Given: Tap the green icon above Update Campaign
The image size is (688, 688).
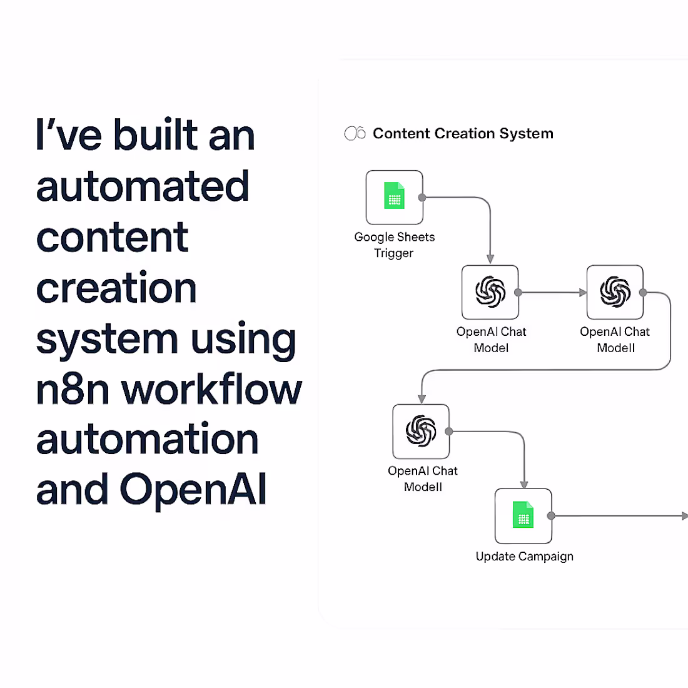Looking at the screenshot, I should pos(524,515).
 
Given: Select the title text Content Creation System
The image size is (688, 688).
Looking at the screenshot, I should pos(463,133).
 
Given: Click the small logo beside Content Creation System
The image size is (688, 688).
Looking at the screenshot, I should pos(355,133).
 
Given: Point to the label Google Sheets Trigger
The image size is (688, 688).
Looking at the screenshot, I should pos(394,245).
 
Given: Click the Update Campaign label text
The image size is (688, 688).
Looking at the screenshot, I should pos(524,556).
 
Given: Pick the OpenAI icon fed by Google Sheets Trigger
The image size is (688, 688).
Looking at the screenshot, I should pos(490,292).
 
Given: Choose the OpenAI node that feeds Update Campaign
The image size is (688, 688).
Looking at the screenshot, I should pos(421,431).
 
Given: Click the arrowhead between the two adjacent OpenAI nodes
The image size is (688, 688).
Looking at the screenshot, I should pos(583,292).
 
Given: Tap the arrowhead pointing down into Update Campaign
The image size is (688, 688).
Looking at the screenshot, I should pos(524,484).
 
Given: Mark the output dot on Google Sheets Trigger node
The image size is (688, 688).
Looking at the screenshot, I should pos(422,198).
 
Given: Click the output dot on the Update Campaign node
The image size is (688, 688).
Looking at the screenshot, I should pos(551,516).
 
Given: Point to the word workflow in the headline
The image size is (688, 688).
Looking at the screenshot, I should pos(211,389).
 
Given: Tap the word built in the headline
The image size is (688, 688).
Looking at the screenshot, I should pos(156,135).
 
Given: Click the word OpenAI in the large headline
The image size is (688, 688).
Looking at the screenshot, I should pos(193,489).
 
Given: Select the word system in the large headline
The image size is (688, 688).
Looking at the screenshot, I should pos(107,340).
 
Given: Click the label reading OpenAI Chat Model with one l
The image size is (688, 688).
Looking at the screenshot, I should pos(491,340).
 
